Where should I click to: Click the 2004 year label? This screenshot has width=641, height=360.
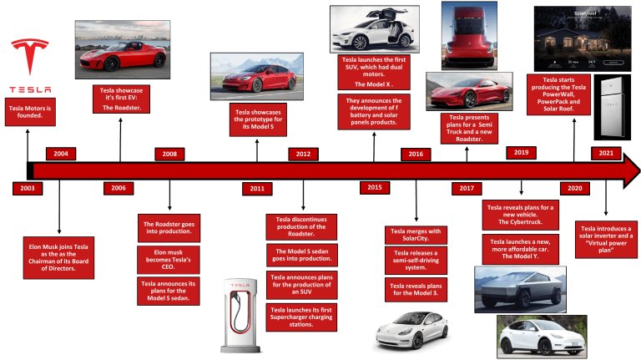tap(61, 154)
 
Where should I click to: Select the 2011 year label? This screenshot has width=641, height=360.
tap(257, 189)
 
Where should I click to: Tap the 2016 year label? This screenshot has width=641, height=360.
tap(416, 155)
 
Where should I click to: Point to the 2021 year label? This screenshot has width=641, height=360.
tap(606, 153)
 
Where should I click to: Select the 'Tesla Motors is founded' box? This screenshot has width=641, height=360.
tap(30, 112)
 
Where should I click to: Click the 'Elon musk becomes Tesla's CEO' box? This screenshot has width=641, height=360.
tap(169, 260)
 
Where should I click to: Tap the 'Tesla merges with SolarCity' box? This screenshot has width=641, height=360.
tap(416, 235)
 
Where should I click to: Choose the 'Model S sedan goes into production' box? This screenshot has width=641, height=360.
tap(301, 255)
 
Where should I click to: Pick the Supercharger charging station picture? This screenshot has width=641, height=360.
tap(240, 315)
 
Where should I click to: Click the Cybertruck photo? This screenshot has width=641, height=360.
tap(520, 289)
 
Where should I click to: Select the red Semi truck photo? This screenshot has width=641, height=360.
tap(469, 36)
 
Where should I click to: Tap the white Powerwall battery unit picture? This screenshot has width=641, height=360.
tap(612, 107)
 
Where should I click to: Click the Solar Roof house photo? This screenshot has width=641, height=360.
tap(583, 39)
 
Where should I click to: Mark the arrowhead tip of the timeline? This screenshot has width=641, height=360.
tap(640, 170)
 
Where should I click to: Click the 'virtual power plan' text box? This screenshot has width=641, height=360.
tap(606, 240)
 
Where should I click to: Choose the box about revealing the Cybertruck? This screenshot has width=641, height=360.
tap(521, 215)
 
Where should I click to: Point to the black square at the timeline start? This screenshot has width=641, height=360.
tap(30, 170)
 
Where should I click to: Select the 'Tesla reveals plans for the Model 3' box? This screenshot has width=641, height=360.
tap(416, 290)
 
